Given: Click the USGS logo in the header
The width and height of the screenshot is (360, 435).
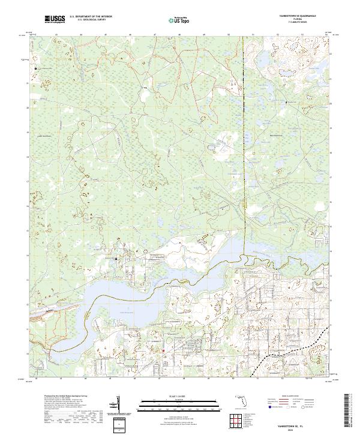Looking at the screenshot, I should [x=55, y=20].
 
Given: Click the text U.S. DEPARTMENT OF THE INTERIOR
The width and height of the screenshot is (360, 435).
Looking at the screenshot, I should [x=91, y=17].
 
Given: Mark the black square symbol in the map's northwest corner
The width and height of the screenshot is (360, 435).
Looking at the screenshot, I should [x=36, y=68].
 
